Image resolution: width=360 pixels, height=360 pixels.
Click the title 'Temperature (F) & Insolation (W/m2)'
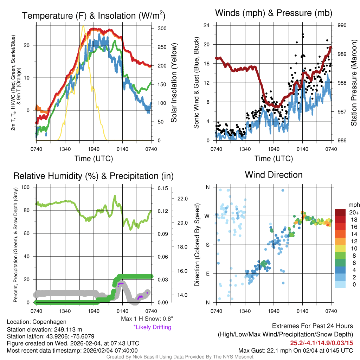click(94, 15)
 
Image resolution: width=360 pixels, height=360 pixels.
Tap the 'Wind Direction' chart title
click(274, 175)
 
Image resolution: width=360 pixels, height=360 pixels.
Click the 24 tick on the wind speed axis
click(207, 25)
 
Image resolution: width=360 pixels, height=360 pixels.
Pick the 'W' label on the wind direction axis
click(207, 216)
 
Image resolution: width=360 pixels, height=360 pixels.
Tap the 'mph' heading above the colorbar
click(353, 205)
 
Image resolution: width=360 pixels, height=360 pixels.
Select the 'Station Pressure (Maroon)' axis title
click(354, 83)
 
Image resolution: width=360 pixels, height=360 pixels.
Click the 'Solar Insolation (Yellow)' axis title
click(174, 83)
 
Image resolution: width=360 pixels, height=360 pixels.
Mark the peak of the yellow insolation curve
click(83, 26)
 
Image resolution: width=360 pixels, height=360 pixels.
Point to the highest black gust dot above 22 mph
click(303, 34)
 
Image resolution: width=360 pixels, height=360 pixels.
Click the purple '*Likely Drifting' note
click(152, 327)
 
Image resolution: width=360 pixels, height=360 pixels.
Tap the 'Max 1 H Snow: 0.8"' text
click(147, 319)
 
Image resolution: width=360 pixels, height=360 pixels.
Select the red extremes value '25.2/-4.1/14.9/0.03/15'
click(321, 343)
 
